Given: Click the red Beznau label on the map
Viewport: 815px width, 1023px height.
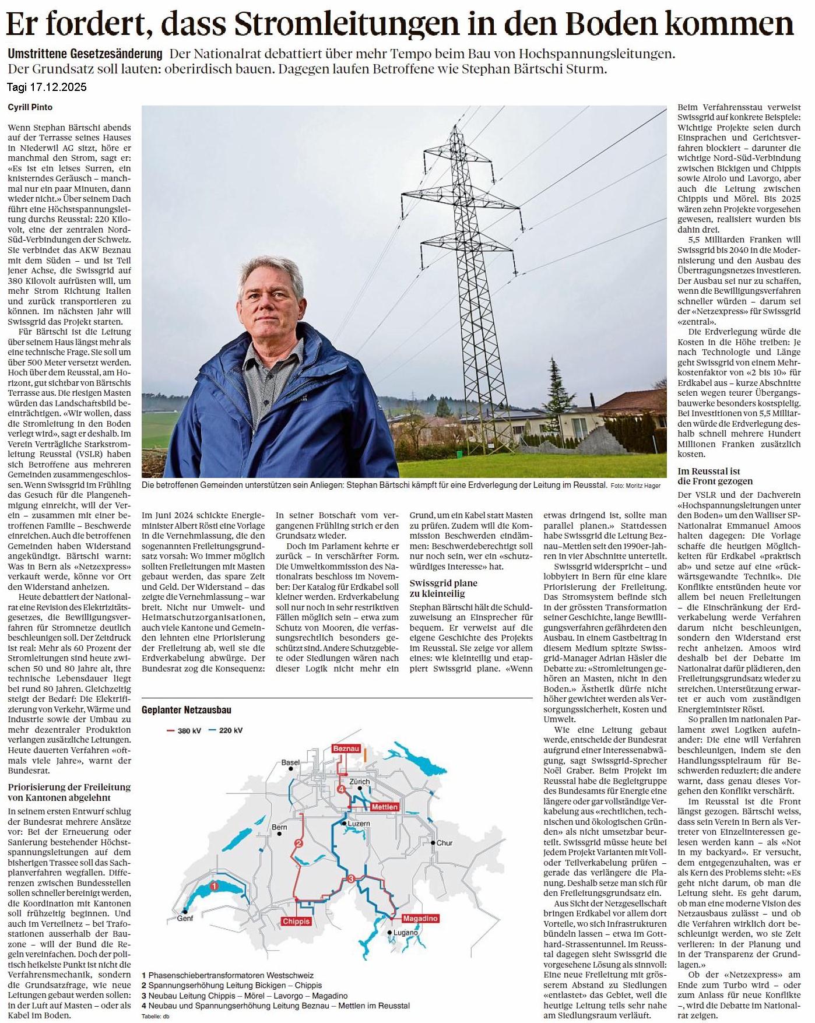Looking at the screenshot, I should pyautogui.click(x=346, y=748).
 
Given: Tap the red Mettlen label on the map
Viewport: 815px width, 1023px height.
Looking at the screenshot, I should pyautogui.click(x=385, y=807).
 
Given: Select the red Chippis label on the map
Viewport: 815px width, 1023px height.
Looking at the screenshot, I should pyautogui.click(x=296, y=921).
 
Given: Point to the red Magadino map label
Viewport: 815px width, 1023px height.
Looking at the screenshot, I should pyautogui.click(x=420, y=918).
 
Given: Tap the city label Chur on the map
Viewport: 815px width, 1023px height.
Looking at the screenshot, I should pyautogui.click(x=444, y=843).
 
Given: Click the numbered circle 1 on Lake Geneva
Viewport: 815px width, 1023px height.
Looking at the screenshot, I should pyautogui.click(x=214, y=887).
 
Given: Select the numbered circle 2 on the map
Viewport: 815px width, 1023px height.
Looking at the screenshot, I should pyautogui.click(x=299, y=843).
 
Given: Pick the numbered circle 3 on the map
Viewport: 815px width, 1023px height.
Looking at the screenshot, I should pyautogui.click(x=351, y=878).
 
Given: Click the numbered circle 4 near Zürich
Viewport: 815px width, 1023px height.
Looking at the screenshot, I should pyautogui.click(x=341, y=789).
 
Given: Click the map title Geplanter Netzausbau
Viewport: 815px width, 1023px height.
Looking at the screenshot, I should pyautogui.click(x=186, y=710).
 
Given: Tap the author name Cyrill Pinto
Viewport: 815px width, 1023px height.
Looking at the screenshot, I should pyautogui.click(x=30, y=107).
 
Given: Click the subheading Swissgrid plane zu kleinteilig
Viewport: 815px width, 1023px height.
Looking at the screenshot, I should pyautogui.click(x=443, y=588).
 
